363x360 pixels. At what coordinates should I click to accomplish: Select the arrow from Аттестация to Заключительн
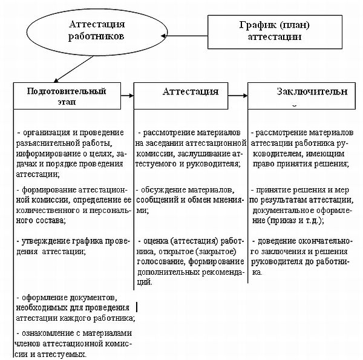click(x=241, y=96)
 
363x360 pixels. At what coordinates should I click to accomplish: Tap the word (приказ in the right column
click(x=287, y=219)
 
